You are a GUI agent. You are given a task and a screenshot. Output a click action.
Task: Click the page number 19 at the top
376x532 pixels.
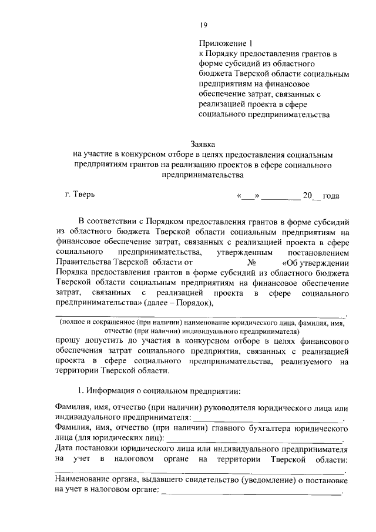coord(203,24)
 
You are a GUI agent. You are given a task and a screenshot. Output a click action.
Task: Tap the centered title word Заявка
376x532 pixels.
coord(203,143)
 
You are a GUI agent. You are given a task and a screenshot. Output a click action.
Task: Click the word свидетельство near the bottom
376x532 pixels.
coord(203,481)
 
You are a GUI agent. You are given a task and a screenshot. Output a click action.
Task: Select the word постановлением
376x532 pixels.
coord(319,252)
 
